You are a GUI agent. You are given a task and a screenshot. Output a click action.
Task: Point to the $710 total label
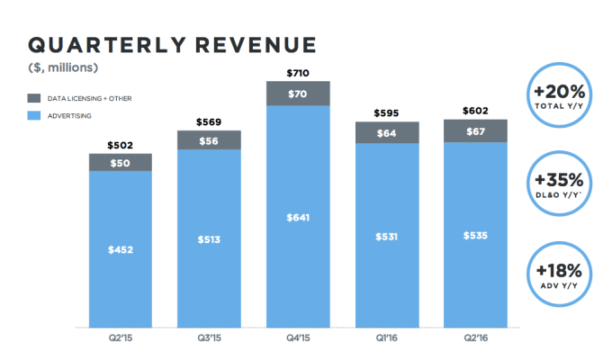(x=297, y=73)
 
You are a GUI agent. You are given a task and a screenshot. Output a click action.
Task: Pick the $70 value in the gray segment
(x=297, y=93)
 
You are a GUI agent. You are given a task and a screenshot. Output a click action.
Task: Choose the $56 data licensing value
(x=209, y=141)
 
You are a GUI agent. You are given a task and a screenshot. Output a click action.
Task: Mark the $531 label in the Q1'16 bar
(x=385, y=236)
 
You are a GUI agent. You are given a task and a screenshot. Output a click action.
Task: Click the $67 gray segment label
(x=474, y=132)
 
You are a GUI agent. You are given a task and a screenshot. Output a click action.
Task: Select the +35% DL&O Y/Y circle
(x=565, y=186)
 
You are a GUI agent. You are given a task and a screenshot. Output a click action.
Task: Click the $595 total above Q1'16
(x=385, y=114)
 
